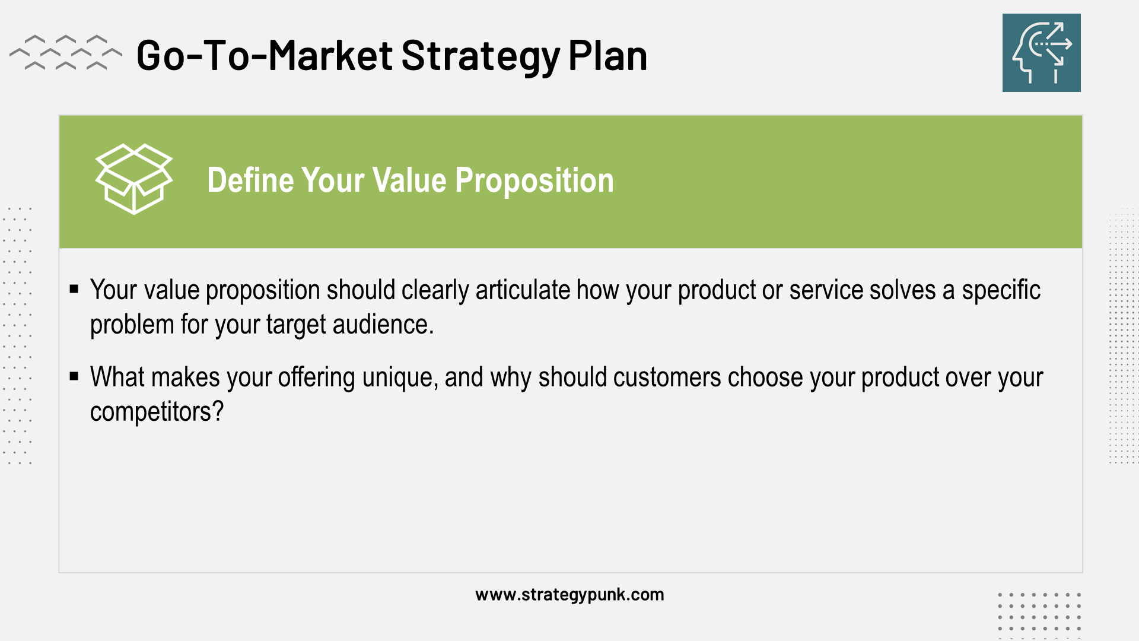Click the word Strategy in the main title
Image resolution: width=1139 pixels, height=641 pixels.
pos(481,56)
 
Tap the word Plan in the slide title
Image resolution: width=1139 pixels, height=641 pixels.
pos(607,56)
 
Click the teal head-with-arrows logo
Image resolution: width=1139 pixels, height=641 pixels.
pos(1041,53)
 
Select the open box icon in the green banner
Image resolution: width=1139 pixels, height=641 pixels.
pos(134,179)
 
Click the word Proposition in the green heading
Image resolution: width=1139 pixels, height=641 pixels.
pos(534,180)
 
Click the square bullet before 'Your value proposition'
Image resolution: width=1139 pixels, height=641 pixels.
pos(74,290)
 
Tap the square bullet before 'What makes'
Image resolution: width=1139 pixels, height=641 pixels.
pos(74,376)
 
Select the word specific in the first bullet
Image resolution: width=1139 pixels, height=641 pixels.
pos(1001,290)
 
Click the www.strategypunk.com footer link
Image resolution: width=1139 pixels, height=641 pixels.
pos(569,595)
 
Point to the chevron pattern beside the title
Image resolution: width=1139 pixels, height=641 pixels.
pos(65,52)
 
